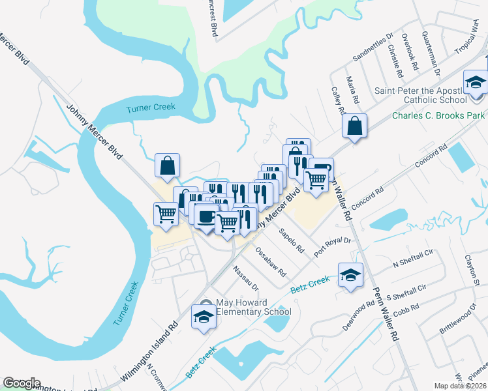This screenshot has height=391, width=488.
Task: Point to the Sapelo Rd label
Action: pos(292,240)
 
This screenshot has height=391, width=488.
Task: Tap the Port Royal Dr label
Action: pos(333,247)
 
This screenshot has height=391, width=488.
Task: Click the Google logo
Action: pos(22,383)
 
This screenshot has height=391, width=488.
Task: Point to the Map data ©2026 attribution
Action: pos(461,386)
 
